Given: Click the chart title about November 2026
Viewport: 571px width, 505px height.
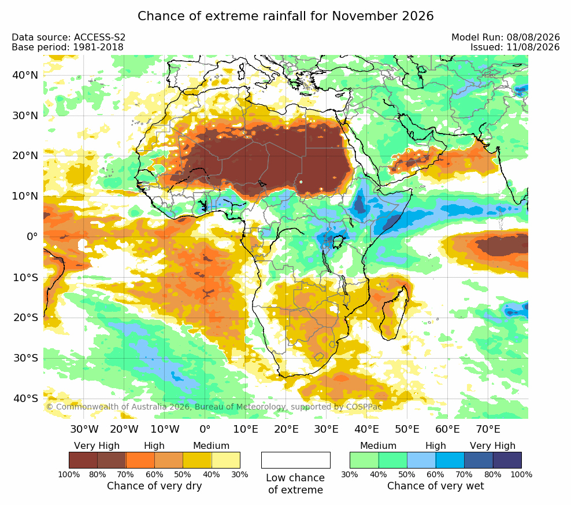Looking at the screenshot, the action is [285, 16].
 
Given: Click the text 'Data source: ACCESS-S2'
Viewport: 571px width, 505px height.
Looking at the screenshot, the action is [68, 37].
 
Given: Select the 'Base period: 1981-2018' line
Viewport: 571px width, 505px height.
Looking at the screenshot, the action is [68, 47].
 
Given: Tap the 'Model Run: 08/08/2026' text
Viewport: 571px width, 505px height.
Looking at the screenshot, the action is [506, 37].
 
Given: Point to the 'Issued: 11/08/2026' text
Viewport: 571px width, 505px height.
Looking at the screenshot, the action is [515, 47].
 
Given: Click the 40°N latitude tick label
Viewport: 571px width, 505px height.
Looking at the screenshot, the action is [25, 75].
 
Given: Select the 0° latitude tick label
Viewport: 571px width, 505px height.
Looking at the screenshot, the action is [32, 237].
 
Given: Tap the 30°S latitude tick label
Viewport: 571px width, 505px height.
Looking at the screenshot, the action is [25, 357].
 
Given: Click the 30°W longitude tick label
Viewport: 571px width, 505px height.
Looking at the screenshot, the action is [84, 429].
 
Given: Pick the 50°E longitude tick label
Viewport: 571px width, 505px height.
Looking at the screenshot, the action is [407, 429].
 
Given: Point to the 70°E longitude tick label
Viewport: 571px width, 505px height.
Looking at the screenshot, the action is [488, 429].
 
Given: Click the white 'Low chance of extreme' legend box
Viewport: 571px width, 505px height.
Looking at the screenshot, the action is [296, 460].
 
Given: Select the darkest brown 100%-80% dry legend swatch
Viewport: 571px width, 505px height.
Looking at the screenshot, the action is [83, 460].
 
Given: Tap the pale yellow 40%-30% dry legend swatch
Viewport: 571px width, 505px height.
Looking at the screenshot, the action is [226, 460].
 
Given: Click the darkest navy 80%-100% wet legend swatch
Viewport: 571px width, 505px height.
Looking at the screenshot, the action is [507, 460].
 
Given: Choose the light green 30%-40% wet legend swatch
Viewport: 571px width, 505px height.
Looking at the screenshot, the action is [364, 460].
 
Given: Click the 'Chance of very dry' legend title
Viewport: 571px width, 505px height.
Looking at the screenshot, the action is [154, 486].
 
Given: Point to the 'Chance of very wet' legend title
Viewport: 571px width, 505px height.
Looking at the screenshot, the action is [436, 486].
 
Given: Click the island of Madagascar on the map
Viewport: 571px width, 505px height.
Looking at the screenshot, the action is [394, 314].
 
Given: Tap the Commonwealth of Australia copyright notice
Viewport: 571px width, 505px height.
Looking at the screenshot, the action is [214, 407].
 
